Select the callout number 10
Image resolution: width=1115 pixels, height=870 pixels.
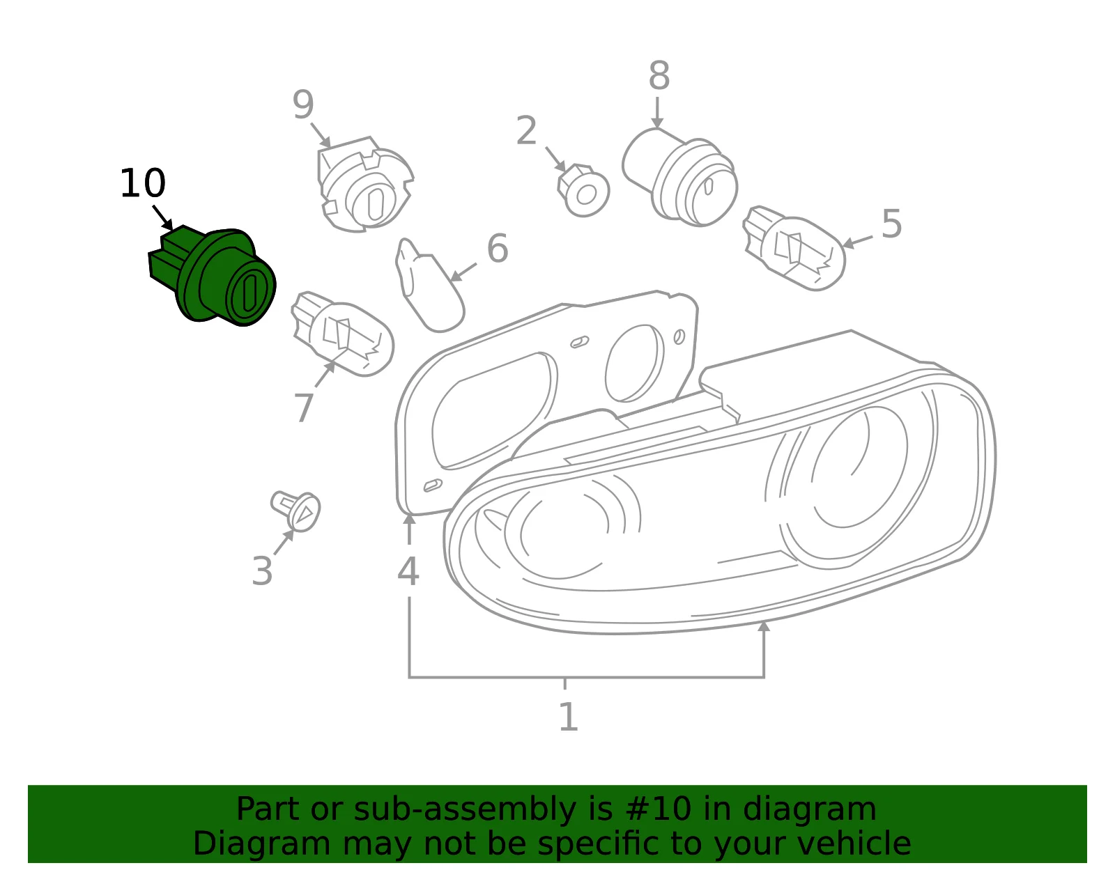(143, 183)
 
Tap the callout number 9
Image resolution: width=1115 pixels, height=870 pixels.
(302, 104)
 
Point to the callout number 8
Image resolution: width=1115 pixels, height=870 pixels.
(659, 75)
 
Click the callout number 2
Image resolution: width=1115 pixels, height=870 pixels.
(526, 130)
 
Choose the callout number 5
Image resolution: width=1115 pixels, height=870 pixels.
(892, 224)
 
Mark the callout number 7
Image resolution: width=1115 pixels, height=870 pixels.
(304, 408)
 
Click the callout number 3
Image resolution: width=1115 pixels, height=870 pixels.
(262, 570)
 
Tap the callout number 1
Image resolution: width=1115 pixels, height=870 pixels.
(568, 717)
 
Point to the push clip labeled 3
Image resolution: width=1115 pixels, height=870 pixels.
(295, 511)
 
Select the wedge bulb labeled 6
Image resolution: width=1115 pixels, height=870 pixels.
(429, 285)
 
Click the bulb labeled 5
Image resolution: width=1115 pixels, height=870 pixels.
(793, 249)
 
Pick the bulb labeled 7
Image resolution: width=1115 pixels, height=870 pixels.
(342, 334)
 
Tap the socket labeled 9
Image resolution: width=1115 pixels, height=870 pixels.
(364, 185)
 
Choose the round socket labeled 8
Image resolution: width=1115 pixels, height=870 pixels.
(680, 177)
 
